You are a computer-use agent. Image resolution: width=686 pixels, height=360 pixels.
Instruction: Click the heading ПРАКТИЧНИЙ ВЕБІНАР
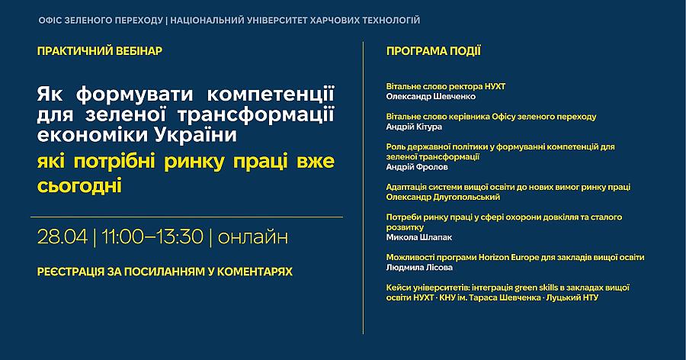point(99,51)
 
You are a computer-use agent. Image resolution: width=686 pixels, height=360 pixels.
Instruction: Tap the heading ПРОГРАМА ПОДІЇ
point(433,51)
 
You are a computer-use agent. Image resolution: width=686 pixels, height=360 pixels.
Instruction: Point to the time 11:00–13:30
point(152,236)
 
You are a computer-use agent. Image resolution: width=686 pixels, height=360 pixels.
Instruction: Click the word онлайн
point(253,236)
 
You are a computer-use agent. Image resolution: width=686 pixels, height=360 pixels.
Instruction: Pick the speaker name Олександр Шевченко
point(431,97)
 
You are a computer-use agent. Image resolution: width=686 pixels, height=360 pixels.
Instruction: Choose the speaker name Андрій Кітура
point(418,127)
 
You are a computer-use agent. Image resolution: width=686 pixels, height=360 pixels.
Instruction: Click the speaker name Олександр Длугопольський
point(443,197)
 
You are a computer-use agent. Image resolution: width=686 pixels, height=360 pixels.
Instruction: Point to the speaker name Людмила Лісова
point(419,267)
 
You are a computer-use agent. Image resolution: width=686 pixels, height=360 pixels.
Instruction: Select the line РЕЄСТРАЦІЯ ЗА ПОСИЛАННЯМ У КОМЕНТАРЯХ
point(164,271)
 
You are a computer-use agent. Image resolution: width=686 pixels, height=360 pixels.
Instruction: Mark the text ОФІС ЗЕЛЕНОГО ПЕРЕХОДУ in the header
point(100,19)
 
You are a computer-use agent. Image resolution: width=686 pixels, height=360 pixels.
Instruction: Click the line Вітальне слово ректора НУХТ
point(446,86)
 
